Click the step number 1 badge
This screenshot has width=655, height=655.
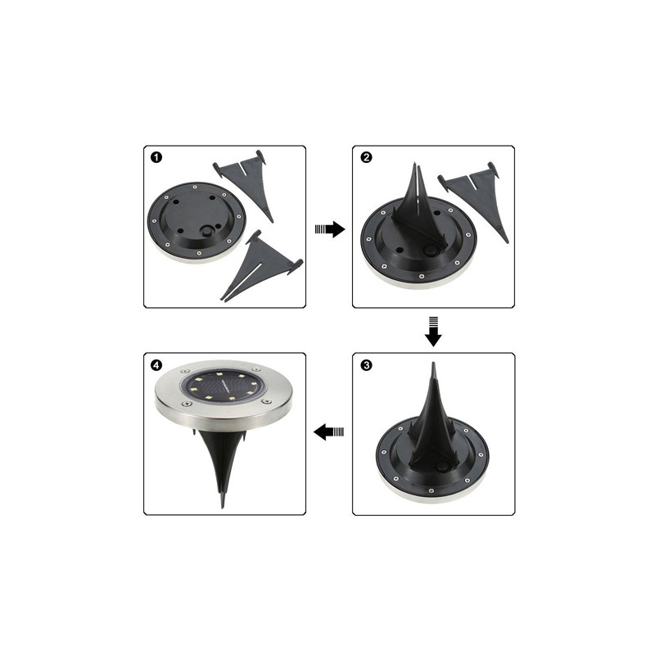point(156,157)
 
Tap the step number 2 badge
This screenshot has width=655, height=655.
point(366,157)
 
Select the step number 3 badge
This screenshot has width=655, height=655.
point(366,365)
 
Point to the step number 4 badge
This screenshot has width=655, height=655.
point(156,365)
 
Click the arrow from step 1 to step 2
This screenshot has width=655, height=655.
point(330,229)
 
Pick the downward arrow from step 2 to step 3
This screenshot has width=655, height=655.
point(433,332)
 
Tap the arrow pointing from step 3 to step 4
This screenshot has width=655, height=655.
point(329,432)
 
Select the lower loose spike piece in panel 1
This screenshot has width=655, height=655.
point(261,265)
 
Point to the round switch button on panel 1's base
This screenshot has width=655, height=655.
point(206,231)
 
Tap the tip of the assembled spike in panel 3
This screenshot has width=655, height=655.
point(434,363)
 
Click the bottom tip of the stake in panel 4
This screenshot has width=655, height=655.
point(222,507)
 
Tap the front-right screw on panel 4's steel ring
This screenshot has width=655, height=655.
point(264,401)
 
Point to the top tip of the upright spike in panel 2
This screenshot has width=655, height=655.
point(415,163)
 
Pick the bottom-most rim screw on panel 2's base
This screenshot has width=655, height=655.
point(422,276)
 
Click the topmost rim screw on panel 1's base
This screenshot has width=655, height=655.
point(196,187)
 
